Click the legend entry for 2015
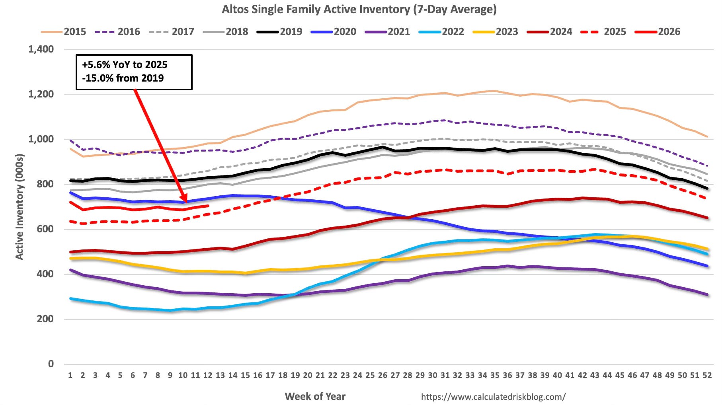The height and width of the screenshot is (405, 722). [64, 32]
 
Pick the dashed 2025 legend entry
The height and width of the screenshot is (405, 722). [603, 32]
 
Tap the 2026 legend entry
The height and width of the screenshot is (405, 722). [658, 32]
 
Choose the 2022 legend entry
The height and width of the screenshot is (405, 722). [441, 32]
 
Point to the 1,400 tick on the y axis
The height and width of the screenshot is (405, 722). [41, 49]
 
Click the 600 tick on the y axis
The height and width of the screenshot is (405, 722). [45, 229]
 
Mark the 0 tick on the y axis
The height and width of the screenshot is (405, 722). [51, 364]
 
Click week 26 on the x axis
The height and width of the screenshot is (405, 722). [382, 375]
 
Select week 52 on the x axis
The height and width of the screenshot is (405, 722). [707, 375]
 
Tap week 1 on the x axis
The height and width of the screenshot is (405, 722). [70, 375]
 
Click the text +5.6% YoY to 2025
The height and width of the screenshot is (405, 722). [125, 64]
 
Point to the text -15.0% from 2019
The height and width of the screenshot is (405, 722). [123, 78]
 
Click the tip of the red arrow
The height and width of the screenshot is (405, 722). [185, 202]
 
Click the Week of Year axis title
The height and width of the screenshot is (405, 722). [315, 396]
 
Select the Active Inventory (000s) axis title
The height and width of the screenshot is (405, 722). [19, 207]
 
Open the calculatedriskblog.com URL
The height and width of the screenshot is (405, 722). [493, 397]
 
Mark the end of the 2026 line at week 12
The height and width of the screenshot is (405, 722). [208, 206]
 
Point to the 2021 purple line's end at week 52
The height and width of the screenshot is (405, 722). [707, 295]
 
